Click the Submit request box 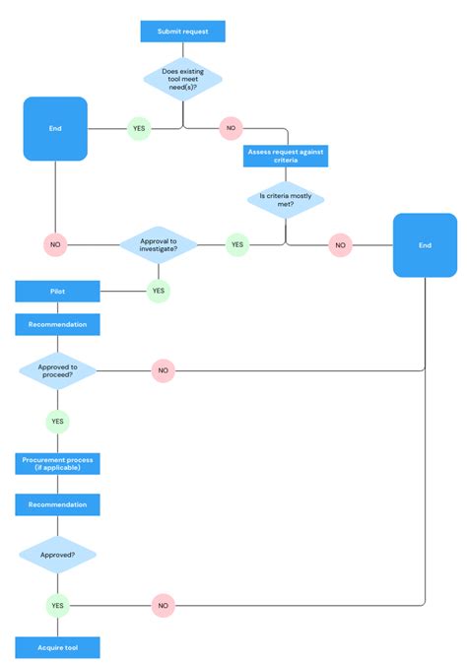(x=182, y=32)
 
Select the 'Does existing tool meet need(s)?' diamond (x=182, y=78)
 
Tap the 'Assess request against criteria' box (x=285, y=157)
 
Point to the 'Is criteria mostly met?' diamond (x=285, y=200)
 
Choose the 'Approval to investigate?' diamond (x=159, y=243)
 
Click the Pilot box (x=57, y=291)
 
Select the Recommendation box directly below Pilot (x=57, y=324)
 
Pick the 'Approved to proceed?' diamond (x=57, y=371)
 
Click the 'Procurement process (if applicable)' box (x=57, y=463)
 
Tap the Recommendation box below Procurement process (x=57, y=504)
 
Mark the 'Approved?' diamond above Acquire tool (x=57, y=555)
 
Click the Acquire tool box (x=57, y=647)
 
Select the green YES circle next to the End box (x=139, y=128)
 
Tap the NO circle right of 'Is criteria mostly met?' (x=340, y=243)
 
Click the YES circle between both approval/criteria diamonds (x=237, y=243)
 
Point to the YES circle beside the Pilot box (x=159, y=291)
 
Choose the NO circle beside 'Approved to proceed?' (x=163, y=371)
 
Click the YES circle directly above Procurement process (x=57, y=421)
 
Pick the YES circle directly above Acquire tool (x=57, y=606)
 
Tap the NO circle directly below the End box (x=55, y=243)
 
